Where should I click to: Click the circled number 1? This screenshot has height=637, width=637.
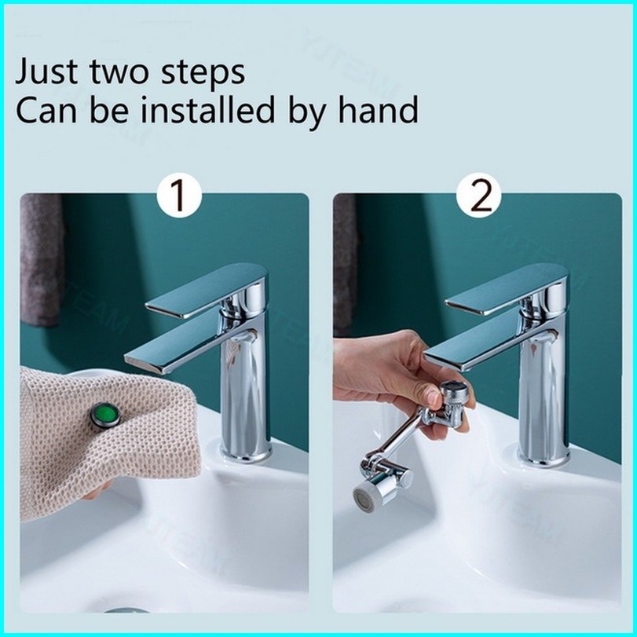click(x=179, y=196)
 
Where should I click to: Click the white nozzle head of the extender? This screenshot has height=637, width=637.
click(x=367, y=494)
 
